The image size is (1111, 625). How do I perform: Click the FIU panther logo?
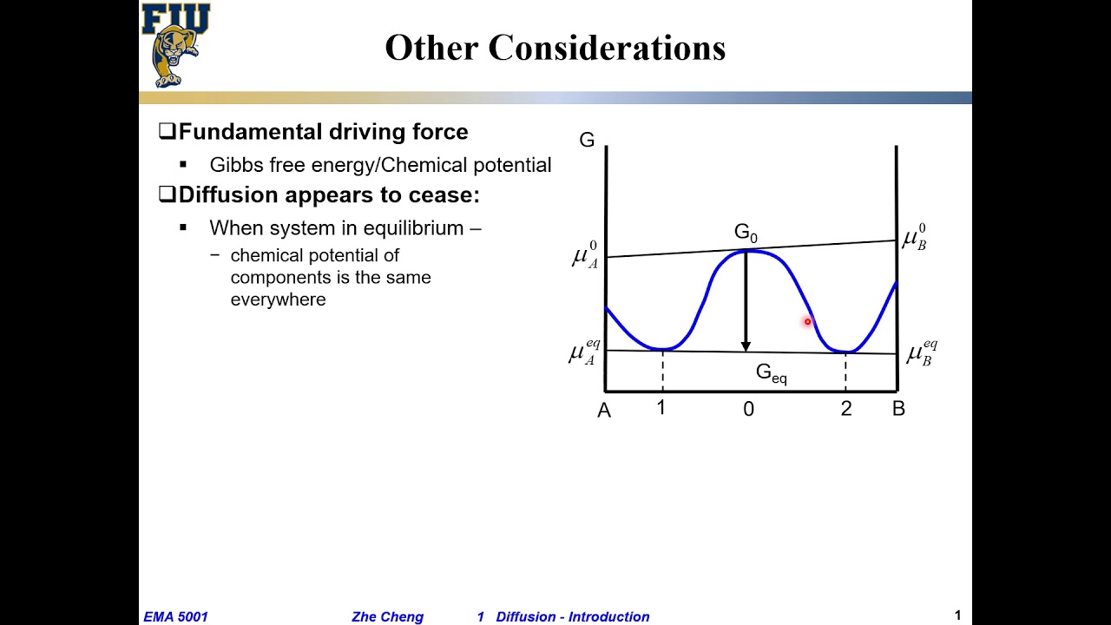tap(175, 45)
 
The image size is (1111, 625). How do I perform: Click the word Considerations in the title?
tap(607, 48)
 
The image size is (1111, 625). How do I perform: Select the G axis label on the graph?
tap(587, 140)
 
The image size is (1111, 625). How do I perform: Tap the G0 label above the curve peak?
tap(746, 233)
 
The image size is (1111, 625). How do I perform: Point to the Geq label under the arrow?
tap(771, 373)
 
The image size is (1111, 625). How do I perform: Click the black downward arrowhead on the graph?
tap(746, 345)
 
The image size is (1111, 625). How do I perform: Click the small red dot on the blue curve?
tap(807, 322)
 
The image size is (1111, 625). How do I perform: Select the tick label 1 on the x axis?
tap(661, 407)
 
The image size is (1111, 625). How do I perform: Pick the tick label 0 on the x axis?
tap(748, 409)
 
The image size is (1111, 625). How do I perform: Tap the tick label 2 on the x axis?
tap(846, 408)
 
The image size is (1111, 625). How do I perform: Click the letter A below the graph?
tap(604, 411)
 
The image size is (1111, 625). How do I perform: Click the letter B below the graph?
tap(898, 408)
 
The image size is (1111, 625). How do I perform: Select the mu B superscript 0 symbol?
tap(914, 239)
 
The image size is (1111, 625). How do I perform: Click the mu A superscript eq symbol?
tap(584, 352)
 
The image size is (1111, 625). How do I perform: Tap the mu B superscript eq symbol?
tap(922, 353)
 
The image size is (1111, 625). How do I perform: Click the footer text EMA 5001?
tap(176, 617)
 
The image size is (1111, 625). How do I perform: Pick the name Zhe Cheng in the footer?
tap(387, 617)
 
